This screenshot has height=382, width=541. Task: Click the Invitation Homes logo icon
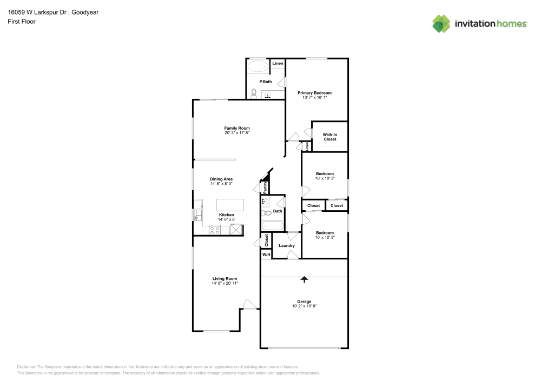tap(441, 23)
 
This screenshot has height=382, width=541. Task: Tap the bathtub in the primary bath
tap(258, 67)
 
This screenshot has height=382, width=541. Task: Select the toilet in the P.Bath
tap(254, 93)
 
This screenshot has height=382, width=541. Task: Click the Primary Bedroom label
tap(314, 93)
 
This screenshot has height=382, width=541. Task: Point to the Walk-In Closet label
tap(329, 137)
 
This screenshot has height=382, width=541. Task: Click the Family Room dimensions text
tap(237, 133)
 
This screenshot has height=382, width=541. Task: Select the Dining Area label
tap(221, 179)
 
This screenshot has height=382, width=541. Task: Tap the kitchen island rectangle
tap(230, 205)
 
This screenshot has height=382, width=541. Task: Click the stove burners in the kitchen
tap(215, 230)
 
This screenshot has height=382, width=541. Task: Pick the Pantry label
tap(265, 187)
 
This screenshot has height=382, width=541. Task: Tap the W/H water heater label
tap(266, 254)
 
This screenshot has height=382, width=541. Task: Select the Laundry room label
tap(286, 246)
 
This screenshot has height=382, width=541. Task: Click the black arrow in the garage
tap(304, 279)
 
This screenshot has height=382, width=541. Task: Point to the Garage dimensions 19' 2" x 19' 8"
tap(304, 306)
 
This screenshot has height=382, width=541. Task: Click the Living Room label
tap(224, 279)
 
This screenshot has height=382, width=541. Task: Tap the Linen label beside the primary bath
tap(278, 64)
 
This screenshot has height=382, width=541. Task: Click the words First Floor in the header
tap(22, 22)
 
